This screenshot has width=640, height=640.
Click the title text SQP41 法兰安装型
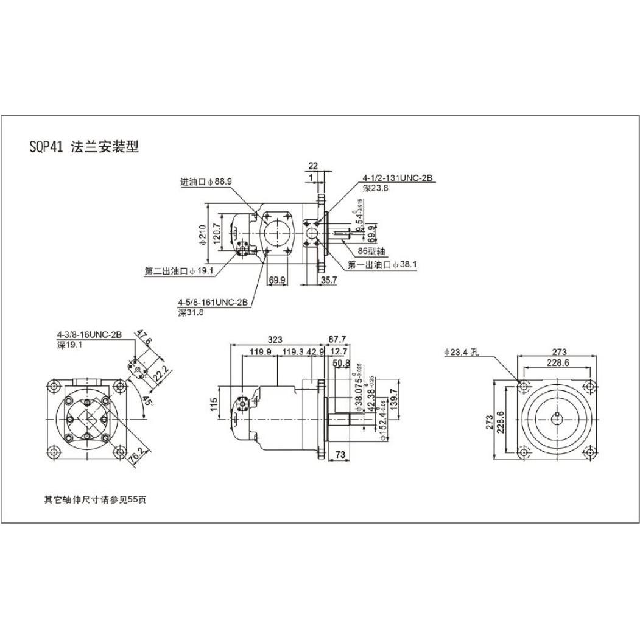point(84,147)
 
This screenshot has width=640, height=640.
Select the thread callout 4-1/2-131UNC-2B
point(397,178)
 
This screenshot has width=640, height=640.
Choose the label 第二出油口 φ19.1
point(179,272)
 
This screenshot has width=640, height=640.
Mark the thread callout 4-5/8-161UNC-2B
point(213,302)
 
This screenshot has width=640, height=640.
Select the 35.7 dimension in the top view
point(329,280)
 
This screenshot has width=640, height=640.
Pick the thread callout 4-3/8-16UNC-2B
point(90,335)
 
